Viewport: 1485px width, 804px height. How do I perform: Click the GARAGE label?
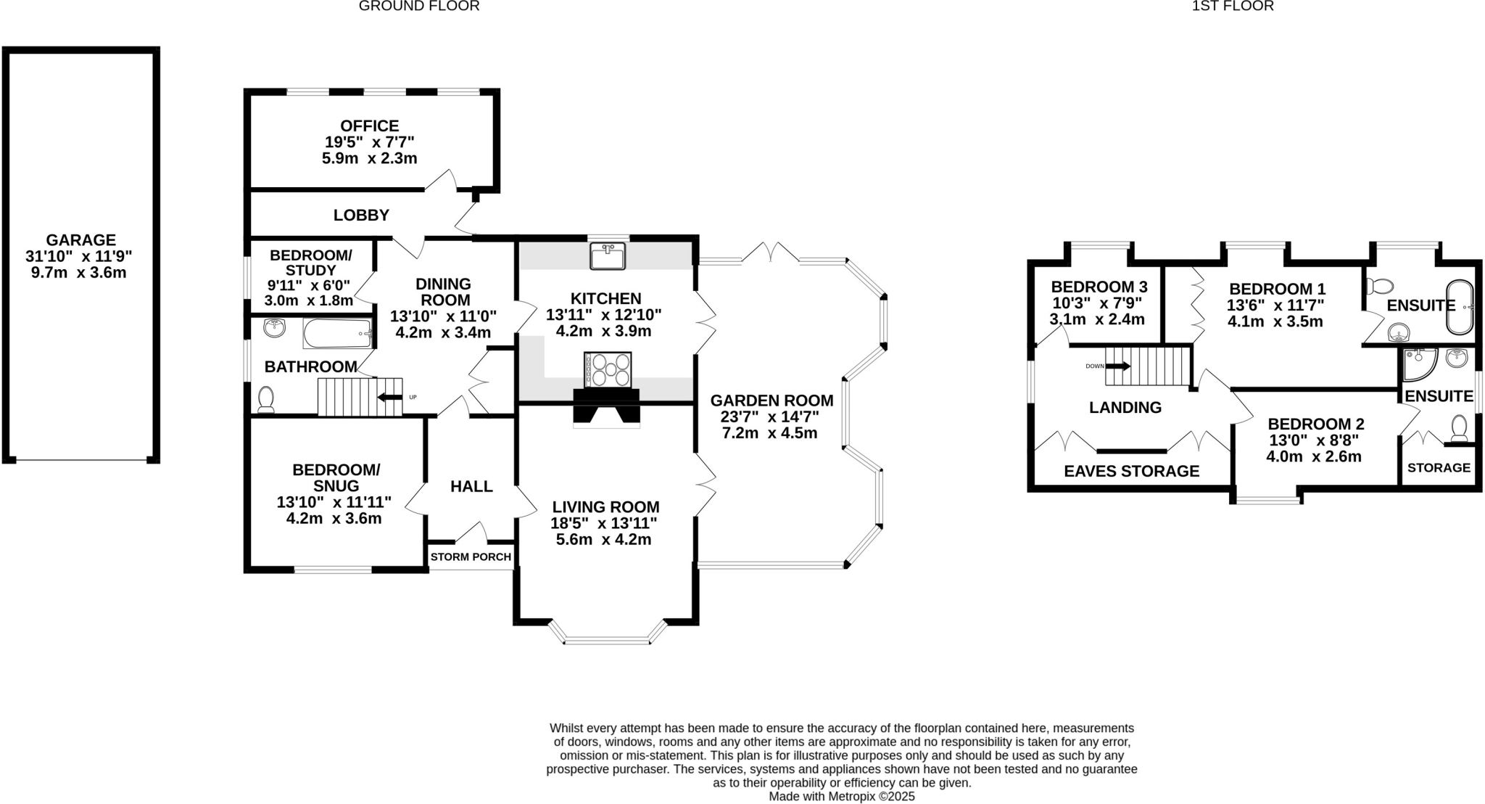[x=80, y=240]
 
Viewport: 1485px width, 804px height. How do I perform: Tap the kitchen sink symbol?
[x=608, y=256]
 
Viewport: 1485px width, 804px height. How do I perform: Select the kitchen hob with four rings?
[x=608, y=370]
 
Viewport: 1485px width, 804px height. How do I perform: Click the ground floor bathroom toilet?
[x=266, y=398]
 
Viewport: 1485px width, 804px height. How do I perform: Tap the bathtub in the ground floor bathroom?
[x=337, y=334]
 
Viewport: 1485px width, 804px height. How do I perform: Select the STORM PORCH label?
[x=471, y=557]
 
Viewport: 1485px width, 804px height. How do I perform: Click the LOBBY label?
[x=361, y=216]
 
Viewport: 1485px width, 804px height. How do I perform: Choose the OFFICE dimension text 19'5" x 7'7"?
[x=369, y=142]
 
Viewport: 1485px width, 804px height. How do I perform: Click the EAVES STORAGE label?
[x=1131, y=472]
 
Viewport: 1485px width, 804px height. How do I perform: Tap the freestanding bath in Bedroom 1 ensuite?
[x=1459, y=307]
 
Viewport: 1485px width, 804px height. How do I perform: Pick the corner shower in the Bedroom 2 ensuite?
[x=1418, y=364]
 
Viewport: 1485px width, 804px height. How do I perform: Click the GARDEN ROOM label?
[x=772, y=401]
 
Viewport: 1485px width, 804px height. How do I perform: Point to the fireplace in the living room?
[x=606, y=408]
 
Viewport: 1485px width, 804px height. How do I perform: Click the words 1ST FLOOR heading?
[x=1243, y=7]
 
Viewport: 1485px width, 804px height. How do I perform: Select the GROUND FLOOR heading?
[x=419, y=7]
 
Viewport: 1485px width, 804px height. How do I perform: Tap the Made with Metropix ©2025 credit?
[x=841, y=796]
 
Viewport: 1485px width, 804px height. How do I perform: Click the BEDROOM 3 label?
[x=1099, y=287]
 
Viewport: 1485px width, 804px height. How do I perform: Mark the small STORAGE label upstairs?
[x=1439, y=468]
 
